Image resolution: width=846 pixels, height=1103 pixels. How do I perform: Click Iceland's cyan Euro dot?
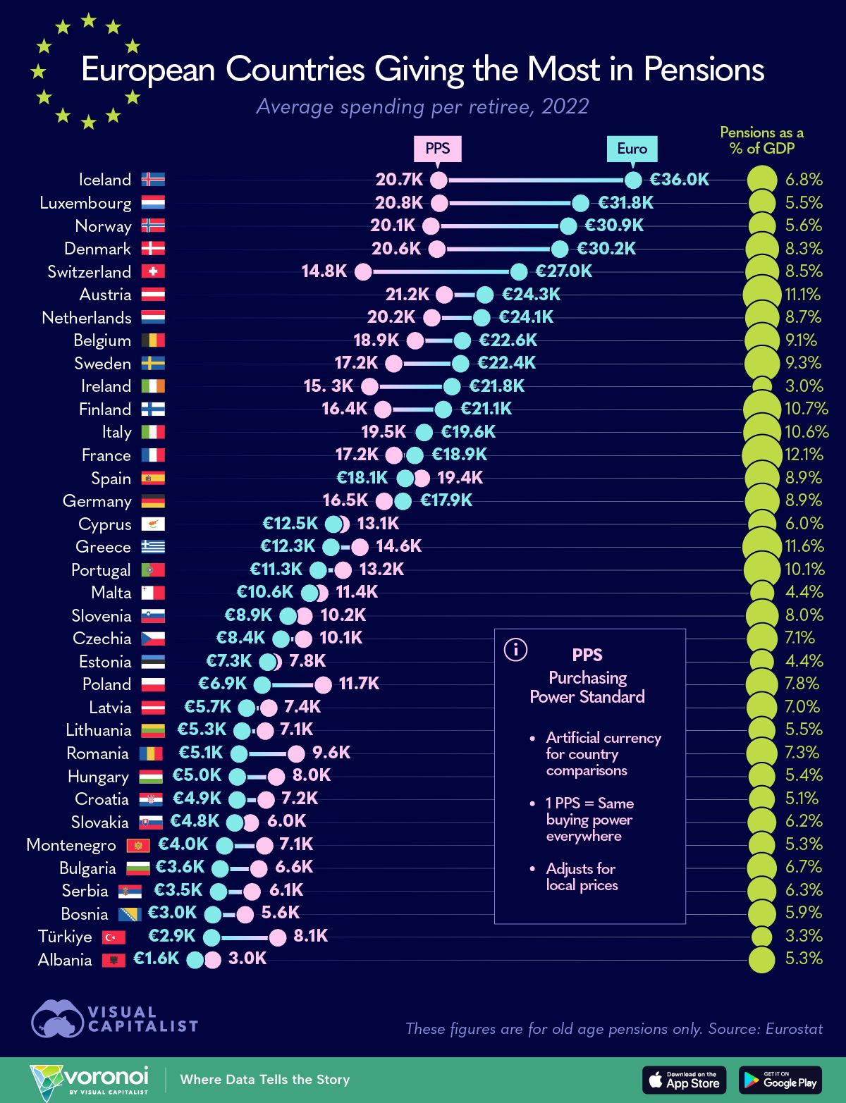(x=633, y=180)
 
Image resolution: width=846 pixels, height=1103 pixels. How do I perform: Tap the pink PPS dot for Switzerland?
(x=363, y=272)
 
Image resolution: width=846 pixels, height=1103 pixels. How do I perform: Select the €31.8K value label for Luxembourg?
(x=625, y=203)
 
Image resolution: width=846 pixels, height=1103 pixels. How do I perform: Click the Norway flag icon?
(x=153, y=226)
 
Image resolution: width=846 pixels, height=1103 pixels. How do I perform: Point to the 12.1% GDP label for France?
(x=804, y=455)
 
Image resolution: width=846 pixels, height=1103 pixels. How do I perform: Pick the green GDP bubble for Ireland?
(x=761, y=386)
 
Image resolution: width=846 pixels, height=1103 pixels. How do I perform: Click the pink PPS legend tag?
(x=438, y=149)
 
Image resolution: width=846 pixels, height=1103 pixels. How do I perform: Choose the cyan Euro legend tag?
(x=632, y=149)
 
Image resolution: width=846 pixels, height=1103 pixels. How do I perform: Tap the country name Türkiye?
(x=65, y=937)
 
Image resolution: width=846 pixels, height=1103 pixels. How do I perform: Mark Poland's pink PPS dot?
(x=323, y=684)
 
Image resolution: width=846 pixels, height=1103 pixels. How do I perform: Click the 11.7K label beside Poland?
(x=359, y=684)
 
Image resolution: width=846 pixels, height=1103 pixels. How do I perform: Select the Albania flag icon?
(x=114, y=960)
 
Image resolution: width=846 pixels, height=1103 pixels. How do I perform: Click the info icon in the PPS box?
(x=515, y=650)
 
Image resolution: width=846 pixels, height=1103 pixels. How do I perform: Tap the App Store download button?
(x=684, y=1080)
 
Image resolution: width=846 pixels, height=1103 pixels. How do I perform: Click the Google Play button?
(x=780, y=1080)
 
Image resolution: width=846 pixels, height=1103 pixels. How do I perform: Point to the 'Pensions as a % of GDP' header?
(x=761, y=140)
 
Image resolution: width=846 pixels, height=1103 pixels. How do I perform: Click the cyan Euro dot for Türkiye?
(x=211, y=937)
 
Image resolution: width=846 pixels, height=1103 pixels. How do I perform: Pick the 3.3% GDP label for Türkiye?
(x=804, y=936)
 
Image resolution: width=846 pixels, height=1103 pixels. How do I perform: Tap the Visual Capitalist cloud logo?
(x=58, y=1019)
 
